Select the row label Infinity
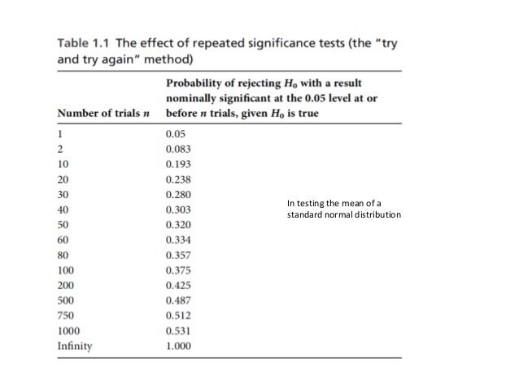(x=75, y=345)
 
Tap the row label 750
(x=66, y=315)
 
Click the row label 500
(x=66, y=300)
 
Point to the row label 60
(x=63, y=240)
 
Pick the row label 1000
(x=68, y=330)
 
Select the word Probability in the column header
(x=195, y=83)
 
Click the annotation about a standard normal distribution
(x=343, y=210)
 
